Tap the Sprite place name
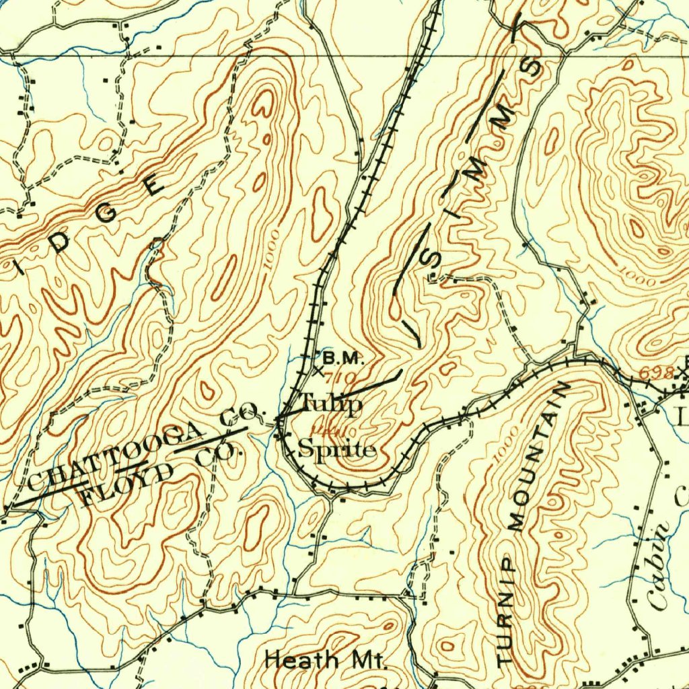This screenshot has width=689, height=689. [336, 449]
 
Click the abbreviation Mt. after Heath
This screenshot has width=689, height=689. [365, 660]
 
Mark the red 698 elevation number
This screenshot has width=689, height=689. [656, 373]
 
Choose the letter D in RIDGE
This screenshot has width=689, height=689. [61, 244]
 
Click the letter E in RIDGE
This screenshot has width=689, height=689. [153, 183]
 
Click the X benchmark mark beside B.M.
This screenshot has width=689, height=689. [318, 370]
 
